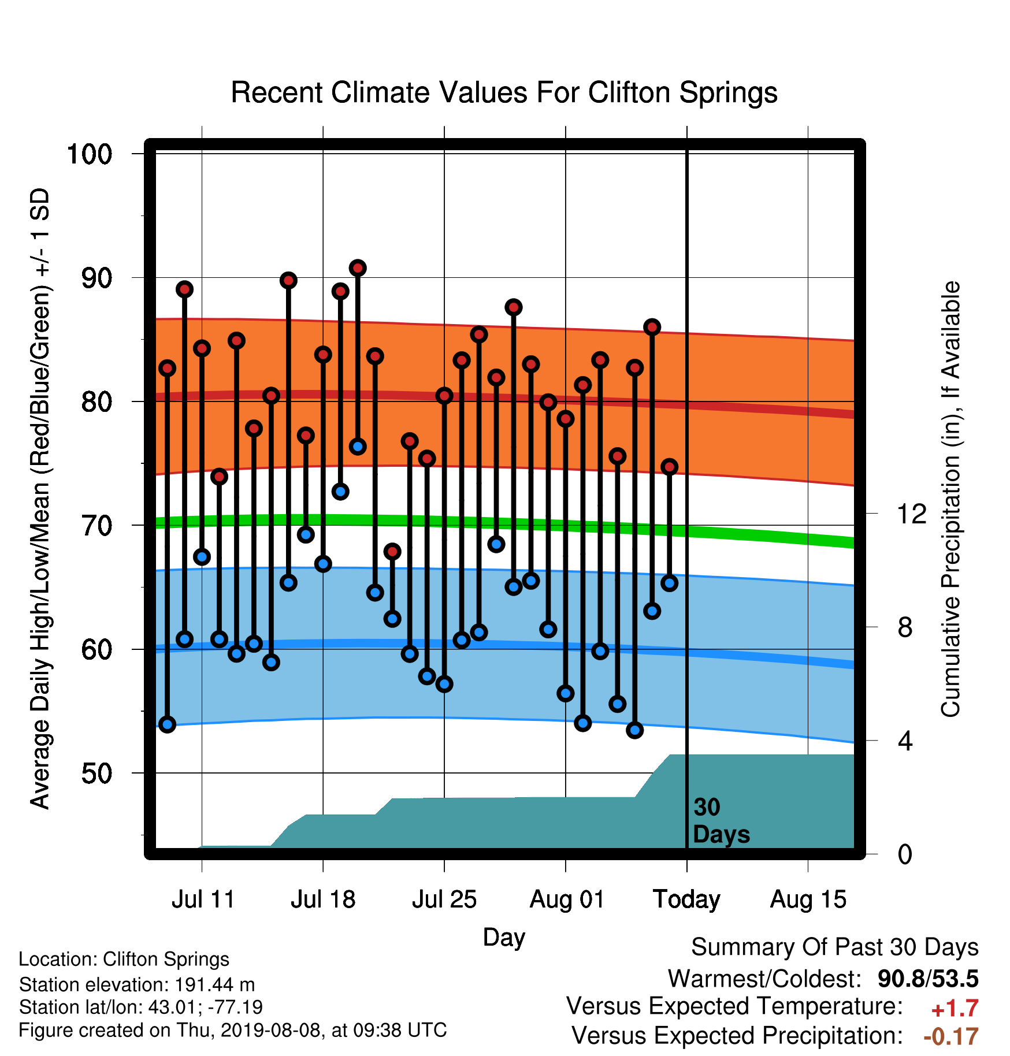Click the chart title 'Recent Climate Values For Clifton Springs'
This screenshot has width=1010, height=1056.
point(504,92)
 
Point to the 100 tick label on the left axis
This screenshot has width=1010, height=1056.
point(90,154)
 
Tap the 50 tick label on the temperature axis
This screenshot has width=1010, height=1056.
point(97,774)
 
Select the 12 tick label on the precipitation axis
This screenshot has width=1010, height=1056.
point(912,514)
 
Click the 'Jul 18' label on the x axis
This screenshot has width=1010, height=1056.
point(323,899)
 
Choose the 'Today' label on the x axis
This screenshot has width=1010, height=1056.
point(686,899)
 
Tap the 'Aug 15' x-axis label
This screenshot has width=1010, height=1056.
point(808,899)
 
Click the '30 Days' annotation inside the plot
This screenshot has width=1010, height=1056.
point(721,821)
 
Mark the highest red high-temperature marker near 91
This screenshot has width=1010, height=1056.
point(358,268)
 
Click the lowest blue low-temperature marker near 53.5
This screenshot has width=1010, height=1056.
point(635,730)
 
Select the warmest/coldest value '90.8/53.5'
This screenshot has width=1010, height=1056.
point(928,979)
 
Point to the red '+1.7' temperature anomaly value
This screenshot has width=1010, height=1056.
point(955,1009)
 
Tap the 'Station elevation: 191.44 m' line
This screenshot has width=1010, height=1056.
point(137,984)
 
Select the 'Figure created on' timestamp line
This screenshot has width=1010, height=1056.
point(233,1030)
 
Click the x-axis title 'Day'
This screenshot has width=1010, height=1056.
point(504,937)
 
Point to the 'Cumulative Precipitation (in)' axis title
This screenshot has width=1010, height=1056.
point(950,500)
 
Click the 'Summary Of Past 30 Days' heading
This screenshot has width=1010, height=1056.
point(835,947)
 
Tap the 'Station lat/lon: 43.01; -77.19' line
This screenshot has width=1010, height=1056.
point(141,1007)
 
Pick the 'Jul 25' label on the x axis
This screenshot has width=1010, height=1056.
point(444,899)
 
